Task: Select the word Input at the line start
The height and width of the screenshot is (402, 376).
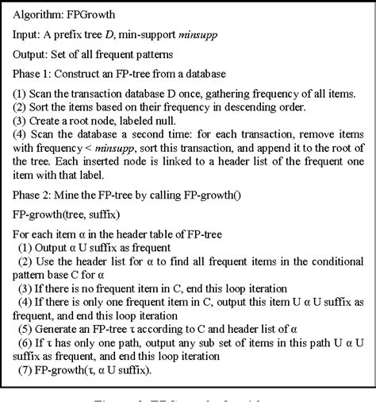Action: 28,35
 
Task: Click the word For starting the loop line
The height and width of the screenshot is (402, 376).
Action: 22,234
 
